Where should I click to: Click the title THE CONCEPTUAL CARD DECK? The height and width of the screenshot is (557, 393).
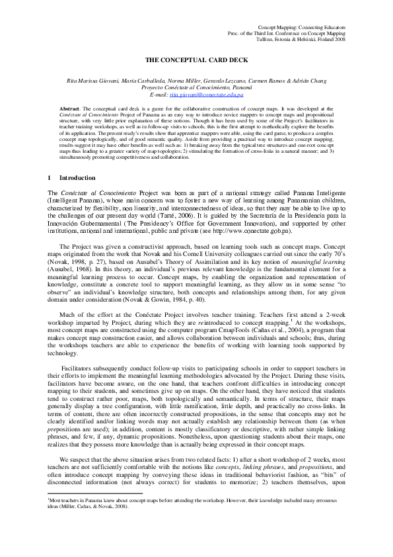tap(196, 61)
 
